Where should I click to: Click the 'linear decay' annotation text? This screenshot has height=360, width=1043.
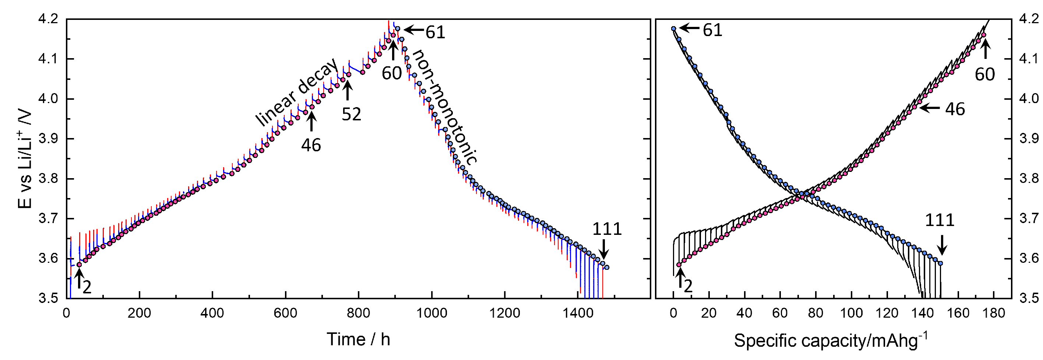296,92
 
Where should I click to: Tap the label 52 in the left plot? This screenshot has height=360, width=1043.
351,114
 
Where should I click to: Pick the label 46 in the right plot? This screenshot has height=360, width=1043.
955,109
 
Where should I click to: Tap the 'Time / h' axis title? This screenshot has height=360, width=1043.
358,339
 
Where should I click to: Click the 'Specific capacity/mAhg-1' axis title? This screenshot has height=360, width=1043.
830,340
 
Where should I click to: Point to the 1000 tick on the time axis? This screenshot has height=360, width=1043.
431,313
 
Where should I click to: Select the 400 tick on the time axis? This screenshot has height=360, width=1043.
212,313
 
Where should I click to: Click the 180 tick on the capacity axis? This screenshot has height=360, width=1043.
994,313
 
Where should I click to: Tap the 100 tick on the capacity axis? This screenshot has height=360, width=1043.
851,313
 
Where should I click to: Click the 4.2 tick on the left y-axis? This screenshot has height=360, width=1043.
48,19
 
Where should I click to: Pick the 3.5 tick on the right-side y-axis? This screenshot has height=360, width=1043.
1028,299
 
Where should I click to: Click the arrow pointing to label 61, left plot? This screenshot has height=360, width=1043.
413,29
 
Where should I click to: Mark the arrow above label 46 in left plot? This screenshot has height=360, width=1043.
311,121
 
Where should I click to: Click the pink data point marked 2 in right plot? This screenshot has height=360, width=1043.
679,265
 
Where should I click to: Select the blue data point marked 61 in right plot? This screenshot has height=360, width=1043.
674,29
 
